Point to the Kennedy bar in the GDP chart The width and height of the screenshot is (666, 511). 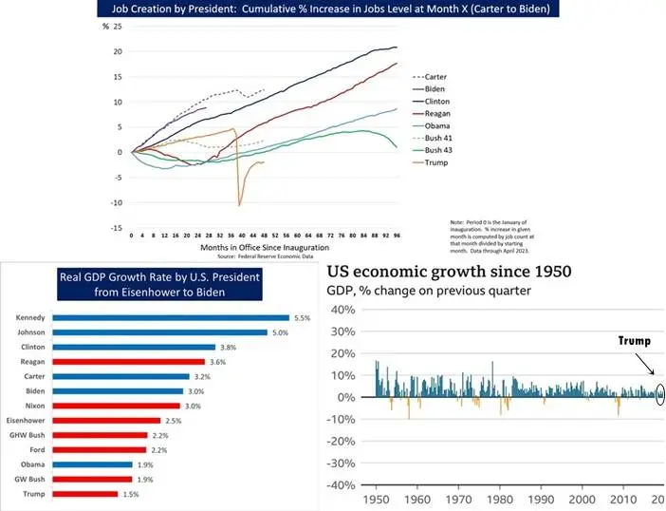(x=170, y=317)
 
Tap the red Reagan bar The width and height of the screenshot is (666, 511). (x=129, y=361)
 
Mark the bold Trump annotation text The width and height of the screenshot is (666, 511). (x=635, y=340)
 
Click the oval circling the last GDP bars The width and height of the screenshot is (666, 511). (x=660, y=394)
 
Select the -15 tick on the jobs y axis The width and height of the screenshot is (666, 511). (x=118, y=228)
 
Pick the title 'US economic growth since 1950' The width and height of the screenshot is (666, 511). (x=450, y=271)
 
